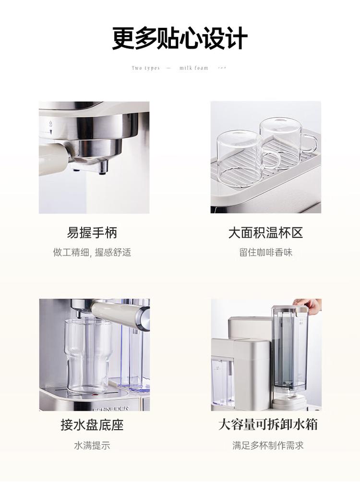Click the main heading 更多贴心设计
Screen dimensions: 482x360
(x=180, y=38)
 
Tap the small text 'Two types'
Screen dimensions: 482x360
(x=145, y=68)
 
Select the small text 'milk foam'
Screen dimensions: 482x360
(x=194, y=68)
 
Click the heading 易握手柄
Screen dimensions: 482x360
(x=92, y=233)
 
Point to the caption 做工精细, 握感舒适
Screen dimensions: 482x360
(x=92, y=253)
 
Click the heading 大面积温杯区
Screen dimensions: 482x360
(x=265, y=233)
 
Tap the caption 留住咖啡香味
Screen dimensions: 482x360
(x=265, y=253)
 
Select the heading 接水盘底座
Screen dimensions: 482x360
(x=92, y=425)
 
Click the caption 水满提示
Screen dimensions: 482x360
(x=92, y=446)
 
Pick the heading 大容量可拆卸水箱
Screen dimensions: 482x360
(x=268, y=425)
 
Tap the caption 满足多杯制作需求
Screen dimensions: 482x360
(x=268, y=446)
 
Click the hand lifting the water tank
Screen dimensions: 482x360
(x=310, y=305)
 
